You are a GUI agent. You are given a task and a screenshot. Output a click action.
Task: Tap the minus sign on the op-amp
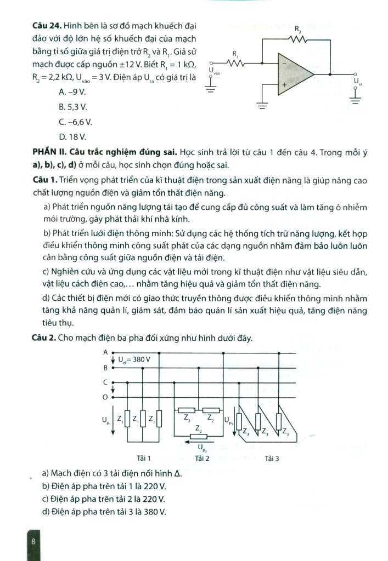click(284, 64)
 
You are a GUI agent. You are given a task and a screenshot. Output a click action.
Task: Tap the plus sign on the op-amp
click(284, 85)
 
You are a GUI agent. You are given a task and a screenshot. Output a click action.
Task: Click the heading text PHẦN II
click(49, 151)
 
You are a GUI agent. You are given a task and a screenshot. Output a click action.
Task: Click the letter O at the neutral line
click(105, 397)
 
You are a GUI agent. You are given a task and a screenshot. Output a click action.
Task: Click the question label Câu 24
click(47, 26)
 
